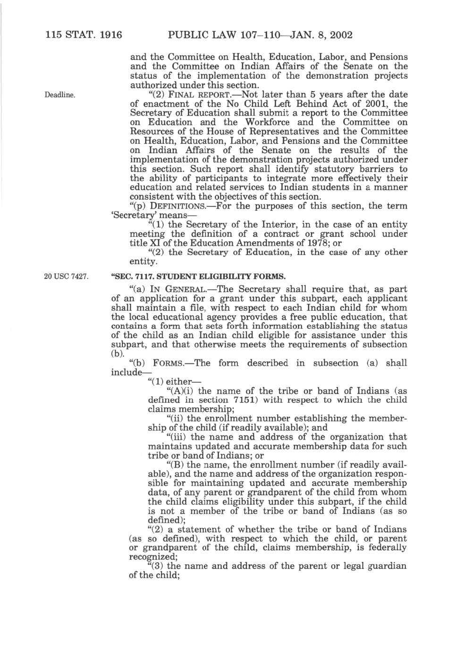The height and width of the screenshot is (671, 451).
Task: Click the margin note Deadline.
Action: click(60, 95)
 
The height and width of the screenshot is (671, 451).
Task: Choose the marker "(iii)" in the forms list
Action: click(177, 437)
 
